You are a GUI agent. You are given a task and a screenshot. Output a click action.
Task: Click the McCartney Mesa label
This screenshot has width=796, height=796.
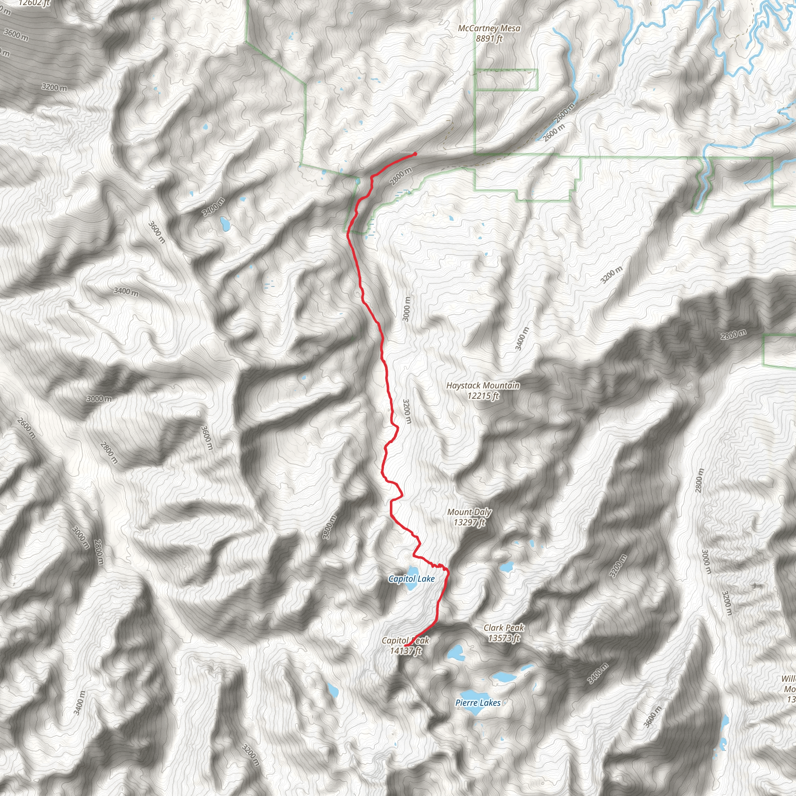point(489,28)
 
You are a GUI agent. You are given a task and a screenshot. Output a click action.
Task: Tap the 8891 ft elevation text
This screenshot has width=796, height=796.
point(489,39)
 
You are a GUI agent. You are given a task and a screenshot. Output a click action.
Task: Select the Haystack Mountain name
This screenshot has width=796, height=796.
point(483,386)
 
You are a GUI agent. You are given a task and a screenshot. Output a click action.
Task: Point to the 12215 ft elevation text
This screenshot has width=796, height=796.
point(483,396)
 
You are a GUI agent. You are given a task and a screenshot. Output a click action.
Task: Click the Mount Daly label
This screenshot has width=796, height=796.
point(469,512)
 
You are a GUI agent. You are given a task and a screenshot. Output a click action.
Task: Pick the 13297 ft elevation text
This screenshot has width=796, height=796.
point(469,522)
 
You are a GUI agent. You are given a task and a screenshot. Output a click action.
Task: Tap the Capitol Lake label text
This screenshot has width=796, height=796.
point(412,579)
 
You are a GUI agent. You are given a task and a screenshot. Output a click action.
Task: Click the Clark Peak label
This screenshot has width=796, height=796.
point(504,628)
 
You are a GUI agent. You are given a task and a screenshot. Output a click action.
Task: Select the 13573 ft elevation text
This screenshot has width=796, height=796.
point(504,638)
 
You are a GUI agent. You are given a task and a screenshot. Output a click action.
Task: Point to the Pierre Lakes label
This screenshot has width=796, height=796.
point(478,703)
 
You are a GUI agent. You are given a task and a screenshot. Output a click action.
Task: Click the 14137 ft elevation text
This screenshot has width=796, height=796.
point(406,651)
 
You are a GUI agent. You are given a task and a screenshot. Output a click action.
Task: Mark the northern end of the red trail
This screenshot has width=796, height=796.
point(415,154)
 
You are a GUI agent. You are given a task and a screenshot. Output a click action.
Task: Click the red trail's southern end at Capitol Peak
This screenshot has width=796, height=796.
point(405,646)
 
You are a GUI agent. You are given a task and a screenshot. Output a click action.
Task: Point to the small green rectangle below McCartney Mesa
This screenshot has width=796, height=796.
point(506,80)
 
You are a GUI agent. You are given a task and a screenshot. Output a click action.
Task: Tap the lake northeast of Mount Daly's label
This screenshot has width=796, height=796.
point(506,567)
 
